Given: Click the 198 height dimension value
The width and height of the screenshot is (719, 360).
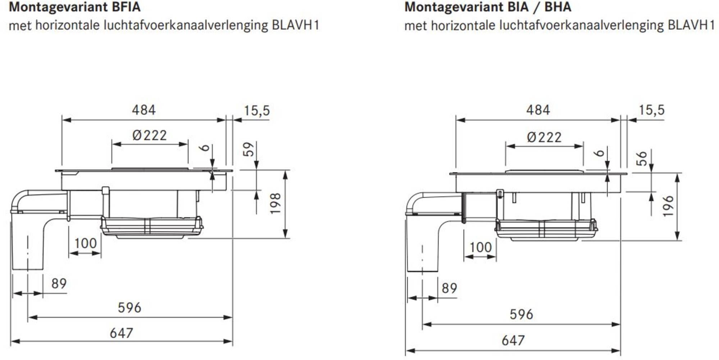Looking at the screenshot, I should (x=275, y=203).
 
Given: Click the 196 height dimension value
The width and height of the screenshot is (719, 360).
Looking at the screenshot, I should (x=668, y=206).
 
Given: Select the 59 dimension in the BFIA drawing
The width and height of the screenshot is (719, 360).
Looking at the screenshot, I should (x=248, y=149).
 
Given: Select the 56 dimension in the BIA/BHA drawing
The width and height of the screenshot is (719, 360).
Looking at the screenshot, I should (x=642, y=158).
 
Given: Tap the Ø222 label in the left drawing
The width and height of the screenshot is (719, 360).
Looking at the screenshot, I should (x=150, y=135).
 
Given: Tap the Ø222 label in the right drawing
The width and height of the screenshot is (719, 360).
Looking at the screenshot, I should (x=544, y=137).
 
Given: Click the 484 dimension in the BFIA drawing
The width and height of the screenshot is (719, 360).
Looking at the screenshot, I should (x=143, y=110).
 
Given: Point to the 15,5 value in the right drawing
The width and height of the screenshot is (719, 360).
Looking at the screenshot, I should (x=651, y=110).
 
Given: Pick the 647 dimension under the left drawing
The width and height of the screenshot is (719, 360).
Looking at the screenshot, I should (x=121, y=333).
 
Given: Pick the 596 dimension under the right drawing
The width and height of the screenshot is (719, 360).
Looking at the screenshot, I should (x=521, y=314).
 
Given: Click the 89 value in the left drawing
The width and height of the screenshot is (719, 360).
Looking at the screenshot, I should (x=59, y=283).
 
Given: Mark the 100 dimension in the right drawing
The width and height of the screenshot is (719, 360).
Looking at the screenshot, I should (x=480, y=247).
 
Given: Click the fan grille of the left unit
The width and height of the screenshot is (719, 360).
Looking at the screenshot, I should (x=151, y=227).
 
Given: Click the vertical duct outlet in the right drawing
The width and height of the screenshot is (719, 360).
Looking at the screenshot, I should (x=422, y=251).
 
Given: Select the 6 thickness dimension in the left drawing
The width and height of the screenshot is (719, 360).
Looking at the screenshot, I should (x=205, y=147).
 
